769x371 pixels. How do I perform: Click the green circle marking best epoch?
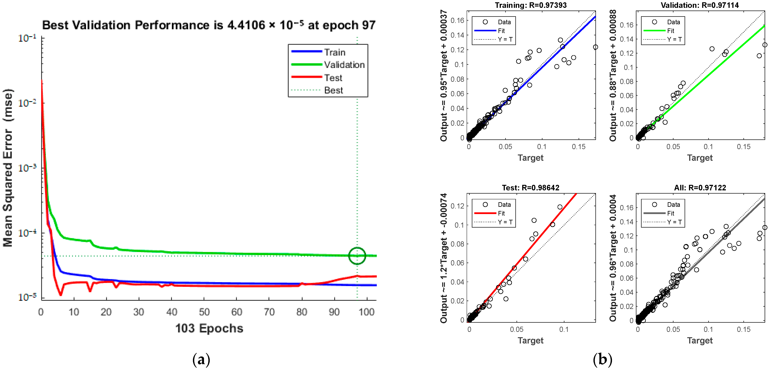(357, 256)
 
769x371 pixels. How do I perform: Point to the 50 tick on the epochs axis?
(204, 312)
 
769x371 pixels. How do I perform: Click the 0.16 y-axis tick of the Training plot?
(457, 20)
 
